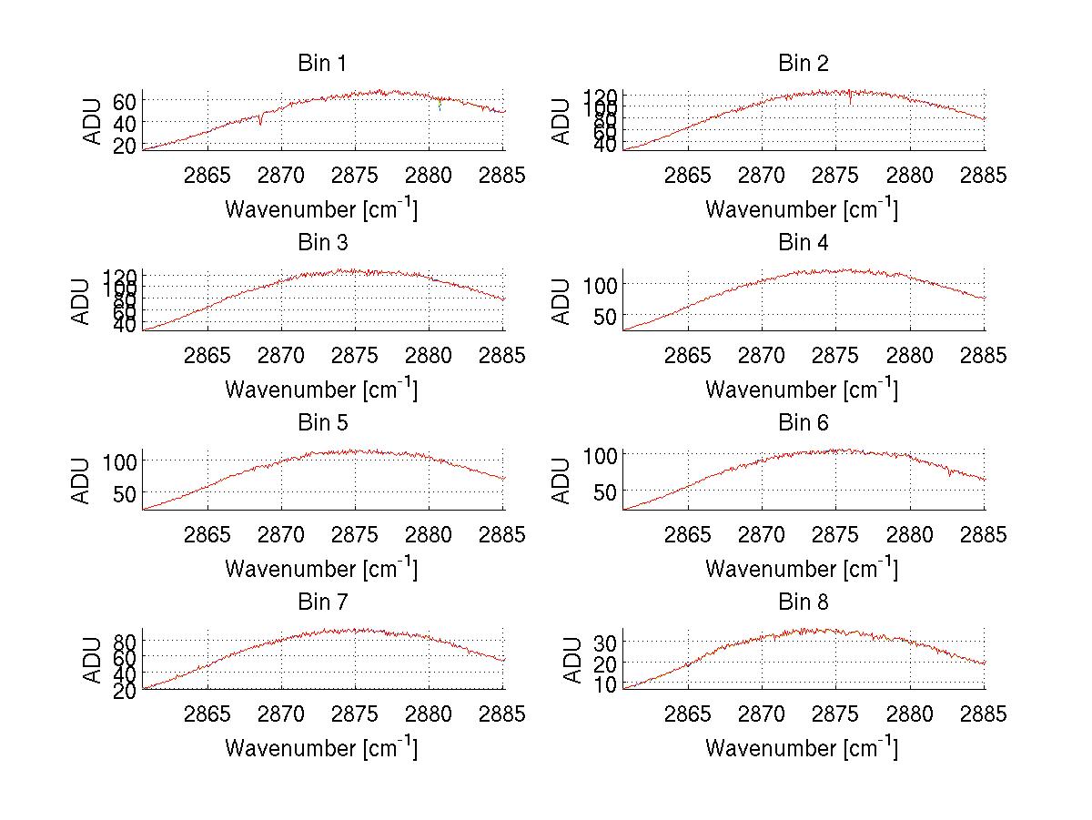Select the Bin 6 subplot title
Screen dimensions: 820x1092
803,423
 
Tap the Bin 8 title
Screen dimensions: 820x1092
803,602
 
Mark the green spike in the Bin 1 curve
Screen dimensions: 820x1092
440,106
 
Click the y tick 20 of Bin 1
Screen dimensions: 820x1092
126,145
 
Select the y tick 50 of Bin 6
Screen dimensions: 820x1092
601,492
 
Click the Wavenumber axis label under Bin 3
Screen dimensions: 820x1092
321,389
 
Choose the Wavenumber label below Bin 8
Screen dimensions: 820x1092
802,748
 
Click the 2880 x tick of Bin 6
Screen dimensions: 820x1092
910,534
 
